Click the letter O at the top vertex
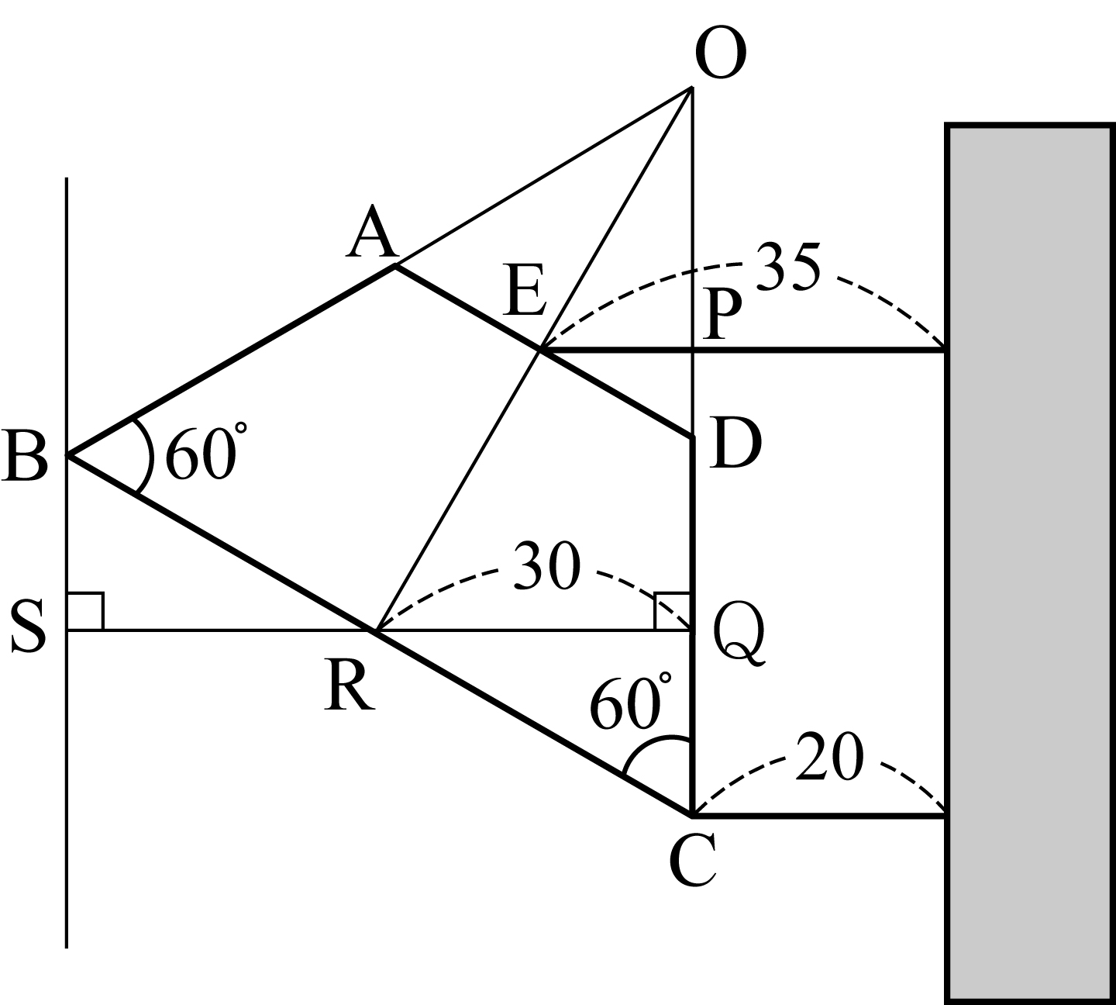721,52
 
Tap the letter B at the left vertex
25,454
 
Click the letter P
722,314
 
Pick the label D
735,444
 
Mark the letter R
349,686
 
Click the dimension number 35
789,267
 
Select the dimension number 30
547,566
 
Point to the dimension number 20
830,757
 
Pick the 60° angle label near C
631,702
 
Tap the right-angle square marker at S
85,612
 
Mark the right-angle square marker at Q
673,612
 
